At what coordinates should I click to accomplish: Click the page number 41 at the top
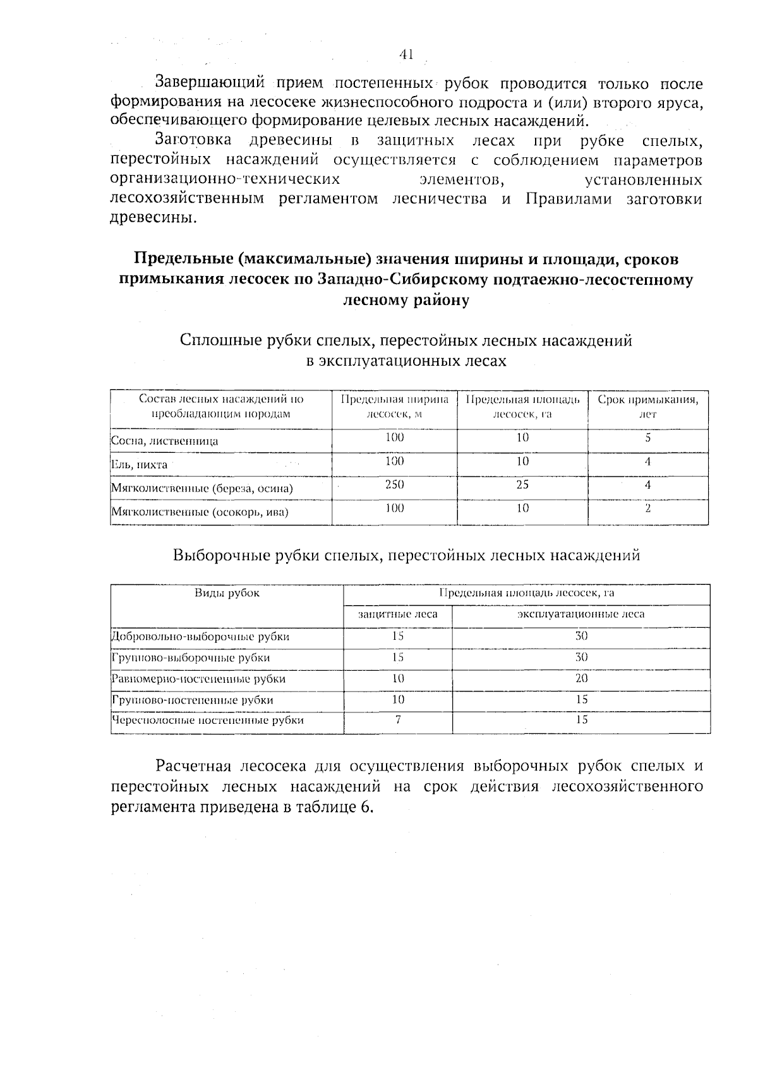click(x=406, y=55)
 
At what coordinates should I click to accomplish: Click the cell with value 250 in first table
click(x=395, y=484)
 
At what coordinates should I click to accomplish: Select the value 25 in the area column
click(x=522, y=484)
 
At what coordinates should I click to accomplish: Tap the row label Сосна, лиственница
click(x=165, y=441)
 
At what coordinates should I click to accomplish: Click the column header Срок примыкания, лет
click(x=647, y=407)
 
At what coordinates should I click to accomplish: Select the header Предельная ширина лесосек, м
click(x=395, y=407)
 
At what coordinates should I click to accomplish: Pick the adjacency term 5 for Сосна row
click(x=647, y=438)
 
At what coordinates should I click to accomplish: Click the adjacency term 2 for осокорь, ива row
click(x=647, y=508)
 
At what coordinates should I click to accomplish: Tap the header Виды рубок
click(x=227, y=593)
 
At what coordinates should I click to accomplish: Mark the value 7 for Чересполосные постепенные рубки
click(x=398, y=719)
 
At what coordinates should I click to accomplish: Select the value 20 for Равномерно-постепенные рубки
click(x=581, y=678)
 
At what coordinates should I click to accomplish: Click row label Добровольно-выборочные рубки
click(x=200, y=637)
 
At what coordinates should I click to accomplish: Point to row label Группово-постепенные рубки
click(x=193, y=700)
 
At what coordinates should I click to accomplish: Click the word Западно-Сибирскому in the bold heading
click(x=392, y=280)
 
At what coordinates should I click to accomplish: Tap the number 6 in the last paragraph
click(x=365, y=807)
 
